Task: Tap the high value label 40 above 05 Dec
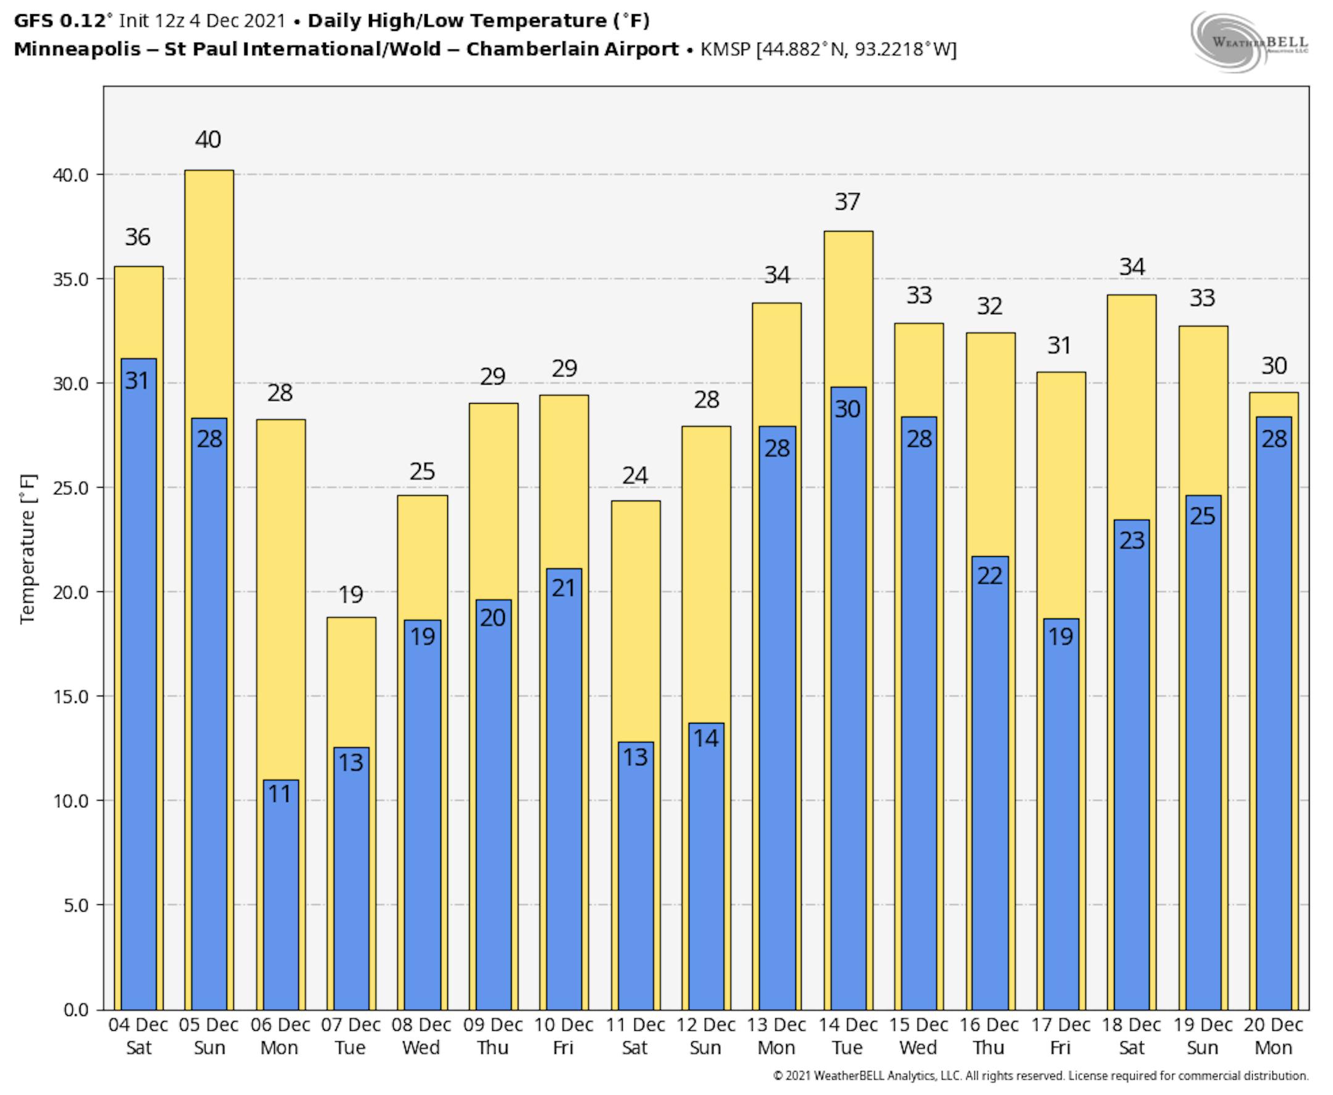[208, 139]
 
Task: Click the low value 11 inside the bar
[280, 794]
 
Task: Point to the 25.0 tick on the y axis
[70, 488]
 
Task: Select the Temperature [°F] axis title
[28, 549]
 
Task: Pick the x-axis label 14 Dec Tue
[847, 1036]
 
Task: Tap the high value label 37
[847, 202]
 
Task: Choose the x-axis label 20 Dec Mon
[1273, 1036]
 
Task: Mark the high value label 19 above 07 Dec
[351, 594]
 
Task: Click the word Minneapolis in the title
[77, 49]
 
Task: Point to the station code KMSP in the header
[726, 49]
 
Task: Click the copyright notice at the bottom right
[1040, 1076]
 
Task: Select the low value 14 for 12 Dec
[705, 738]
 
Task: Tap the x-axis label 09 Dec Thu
[492, 1036]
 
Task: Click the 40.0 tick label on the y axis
[70, 175]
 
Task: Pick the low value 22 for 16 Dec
[989, 575]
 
